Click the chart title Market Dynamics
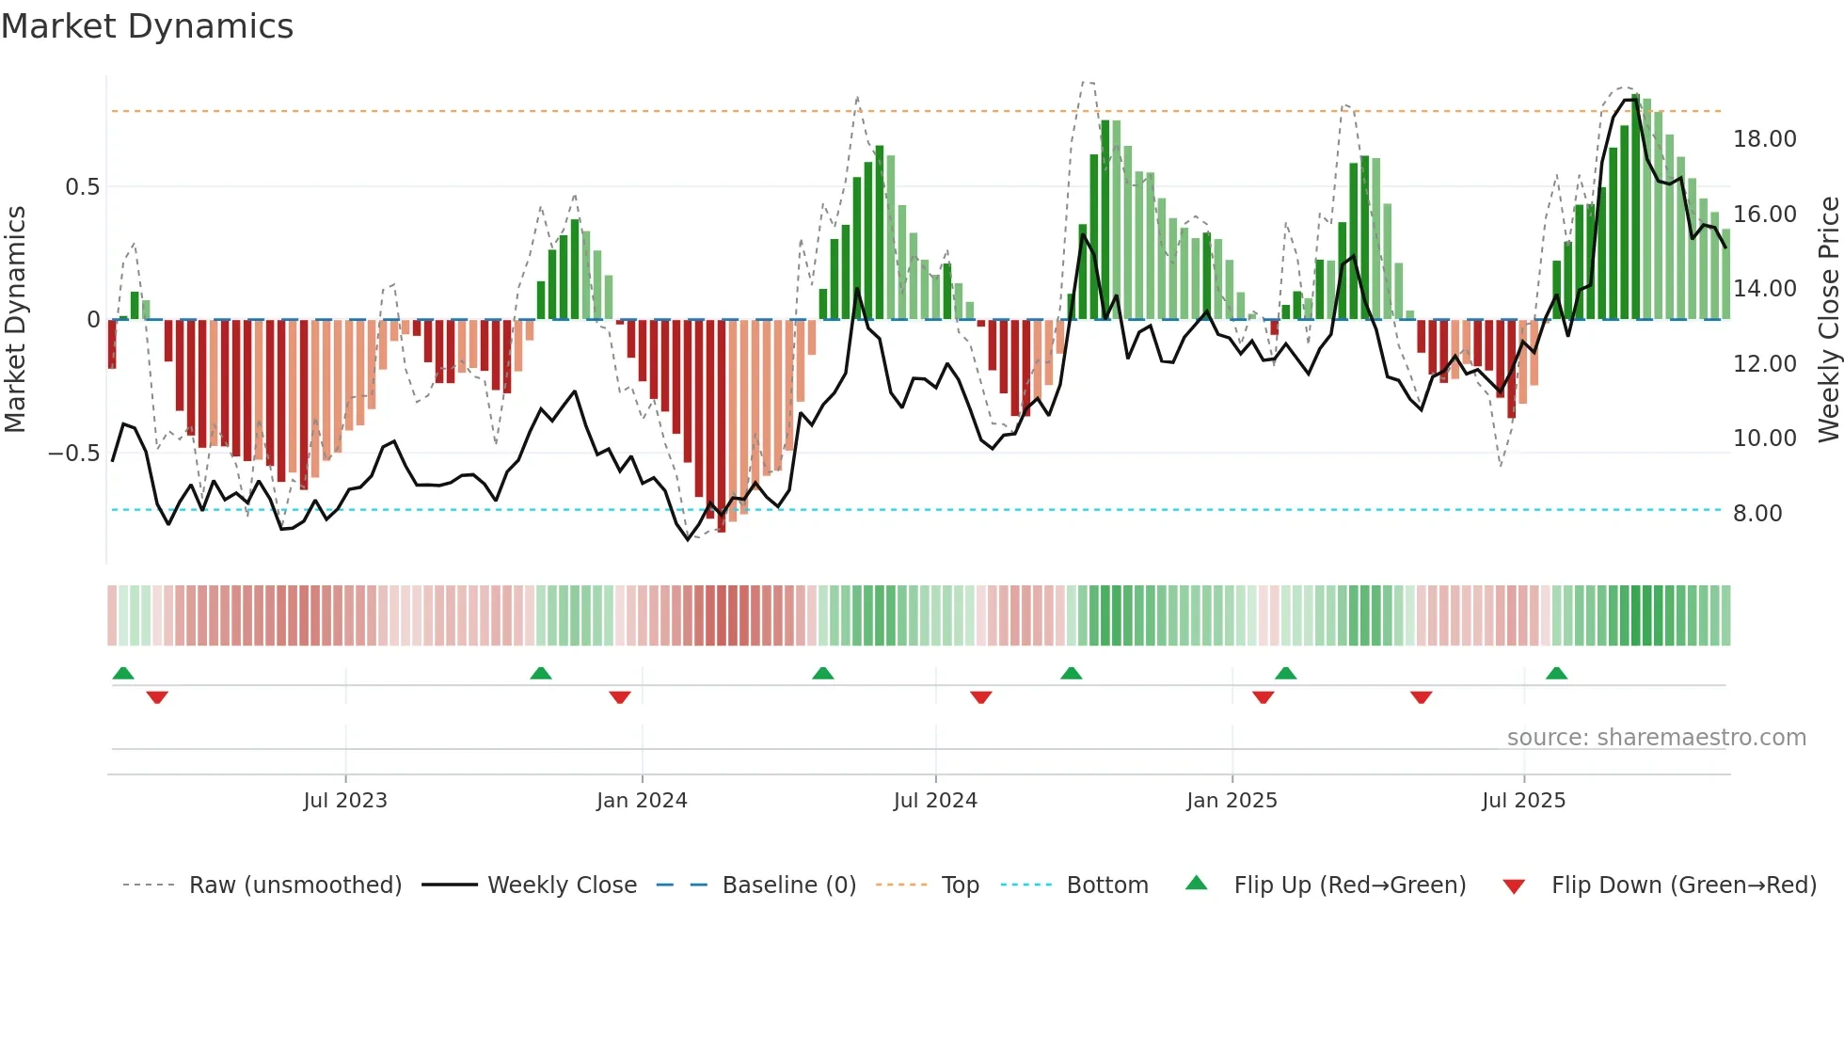[x=148, y=26]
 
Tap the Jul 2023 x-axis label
[x=345, y=801]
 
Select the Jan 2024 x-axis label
[x=642, y=801]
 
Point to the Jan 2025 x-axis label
[x=1232, y=801]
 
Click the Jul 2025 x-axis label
[x=1523, y=801]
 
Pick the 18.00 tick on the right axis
[x=1764, y=139]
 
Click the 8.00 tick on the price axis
[x=1757, y=514]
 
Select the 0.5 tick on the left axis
[x=82, y=187]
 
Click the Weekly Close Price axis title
[x=1828, y=320]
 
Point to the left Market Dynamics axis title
[x=15, y=320]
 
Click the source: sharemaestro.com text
[x=1656, y=738]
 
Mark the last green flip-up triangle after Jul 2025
[x=1556, y=674]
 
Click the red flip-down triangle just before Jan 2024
[x=620, y=697]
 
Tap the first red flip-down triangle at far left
[x=157, y=697]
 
